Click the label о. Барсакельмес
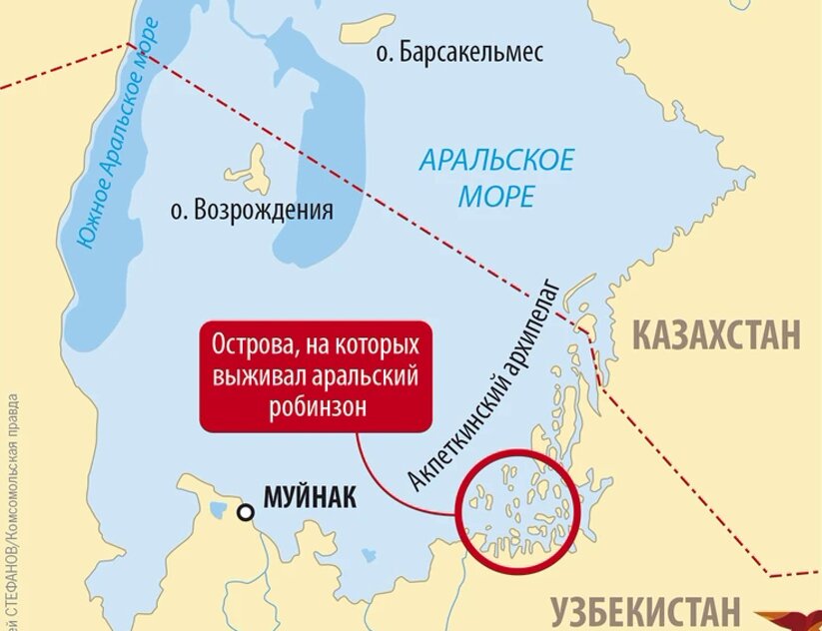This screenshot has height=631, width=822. pos(458,53)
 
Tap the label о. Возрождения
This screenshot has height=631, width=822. pos(251,211)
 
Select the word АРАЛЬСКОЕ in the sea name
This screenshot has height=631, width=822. pos(496,160)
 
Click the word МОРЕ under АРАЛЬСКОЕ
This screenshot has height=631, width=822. pos(496,196)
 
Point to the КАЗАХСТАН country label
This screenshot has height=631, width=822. pos(717,334)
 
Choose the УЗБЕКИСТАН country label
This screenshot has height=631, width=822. pos(645,610)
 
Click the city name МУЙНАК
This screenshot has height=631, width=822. pos(309,497)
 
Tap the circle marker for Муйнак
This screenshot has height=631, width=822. pos(245,513)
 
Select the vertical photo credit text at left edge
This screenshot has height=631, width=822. pos(9,499)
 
